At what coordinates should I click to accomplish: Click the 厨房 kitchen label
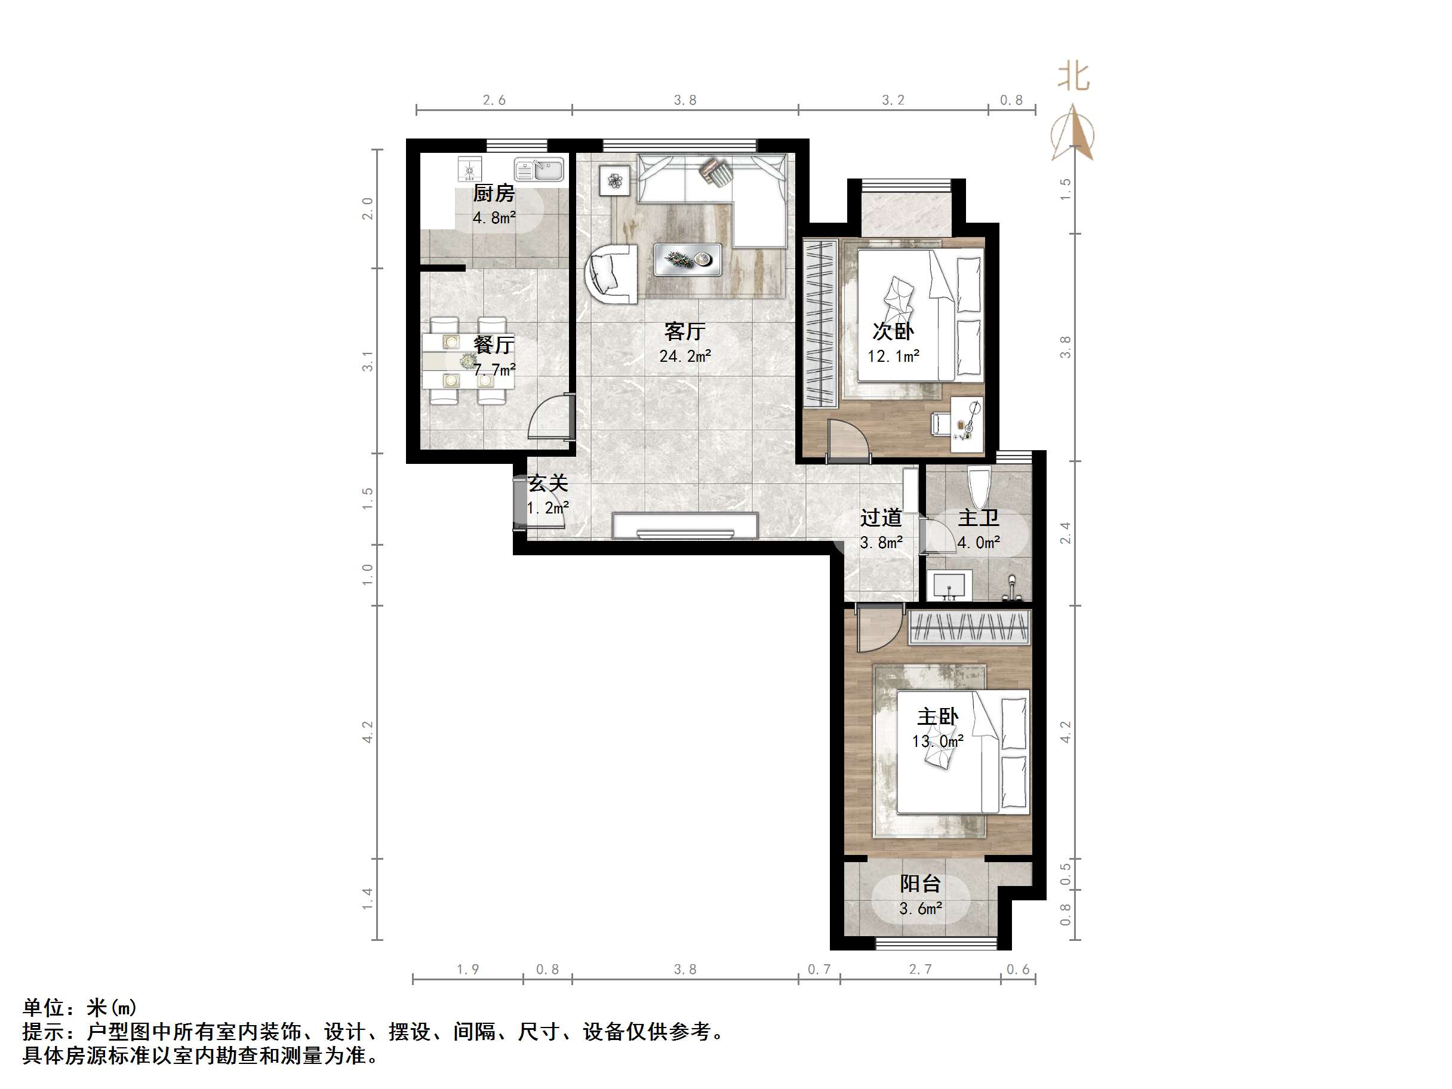pos(494,193)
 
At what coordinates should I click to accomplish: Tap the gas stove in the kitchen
pos(470,170)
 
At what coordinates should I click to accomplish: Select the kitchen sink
pos(539,170)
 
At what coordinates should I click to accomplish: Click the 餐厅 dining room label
pos(494,344)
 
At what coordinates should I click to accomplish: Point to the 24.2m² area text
pos(685,356)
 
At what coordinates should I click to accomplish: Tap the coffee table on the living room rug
pos(687,259)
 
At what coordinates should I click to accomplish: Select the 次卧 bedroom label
pos(893,331)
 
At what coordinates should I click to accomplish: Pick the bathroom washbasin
pos(949,585)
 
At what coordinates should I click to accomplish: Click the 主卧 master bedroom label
pos(937,716)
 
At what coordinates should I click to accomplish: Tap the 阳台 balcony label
pos(920,884)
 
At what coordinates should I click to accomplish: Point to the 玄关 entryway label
pos(547,484)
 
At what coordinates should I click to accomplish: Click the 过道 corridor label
pos(881,518)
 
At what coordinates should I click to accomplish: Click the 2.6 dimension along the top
pos(494,100)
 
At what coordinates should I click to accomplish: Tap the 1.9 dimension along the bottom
pos(468,970)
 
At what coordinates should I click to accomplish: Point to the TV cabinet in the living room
pos(685,526)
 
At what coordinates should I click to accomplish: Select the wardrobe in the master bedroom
pos(969,627)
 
